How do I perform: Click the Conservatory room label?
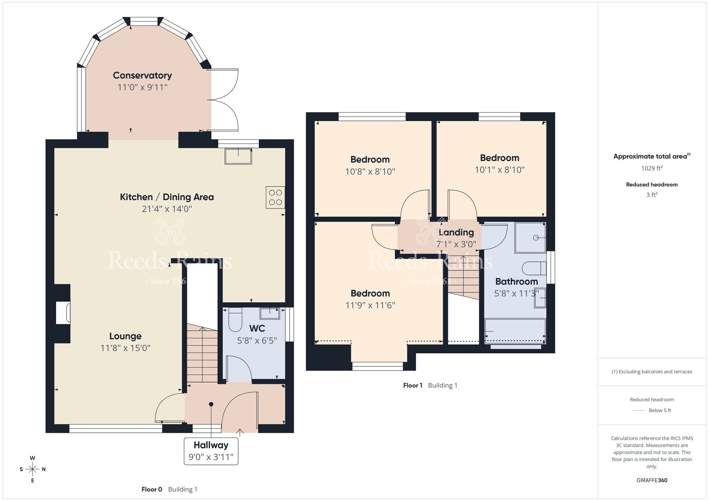point(142,75)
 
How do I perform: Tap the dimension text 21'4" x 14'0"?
point(167,209)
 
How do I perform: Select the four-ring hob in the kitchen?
point(275,197)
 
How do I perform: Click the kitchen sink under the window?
point(238,156)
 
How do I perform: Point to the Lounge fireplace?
point(63,313)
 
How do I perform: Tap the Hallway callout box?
point(211,451)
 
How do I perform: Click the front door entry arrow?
point(240,432)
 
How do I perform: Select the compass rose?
point(33,469)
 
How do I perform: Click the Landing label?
point(456,232)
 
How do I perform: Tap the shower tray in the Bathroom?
point(530,237)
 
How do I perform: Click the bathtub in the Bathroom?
point(515,331)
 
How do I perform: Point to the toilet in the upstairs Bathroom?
point(534,268)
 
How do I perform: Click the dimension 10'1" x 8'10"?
point(499,170)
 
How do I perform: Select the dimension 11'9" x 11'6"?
point(370,305)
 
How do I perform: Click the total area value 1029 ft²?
point(652,168)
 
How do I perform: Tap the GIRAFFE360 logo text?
point(652,480)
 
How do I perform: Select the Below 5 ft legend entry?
point(659,410)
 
